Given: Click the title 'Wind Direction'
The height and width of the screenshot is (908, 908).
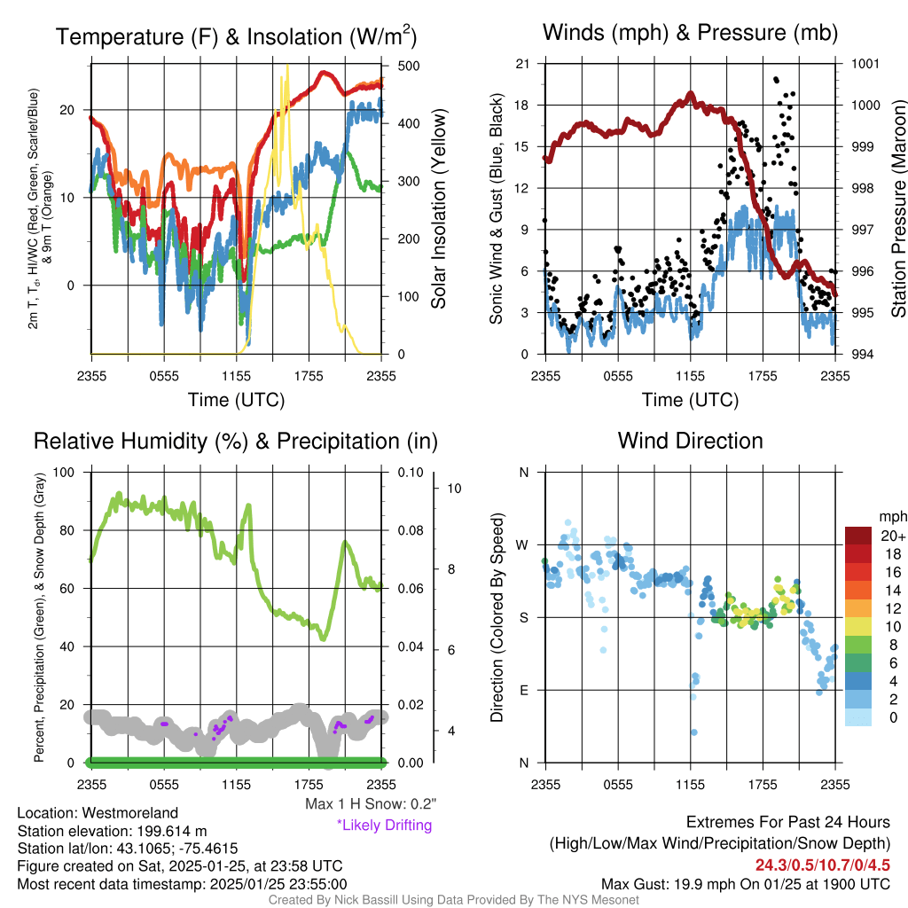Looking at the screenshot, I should click(690, 441).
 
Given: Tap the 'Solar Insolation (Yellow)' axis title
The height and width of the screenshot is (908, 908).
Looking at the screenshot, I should click(438, 209).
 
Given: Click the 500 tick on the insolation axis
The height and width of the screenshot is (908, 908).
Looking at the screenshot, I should click(409, 66).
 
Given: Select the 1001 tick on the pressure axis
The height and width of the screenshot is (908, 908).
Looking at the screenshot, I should click(864, 64).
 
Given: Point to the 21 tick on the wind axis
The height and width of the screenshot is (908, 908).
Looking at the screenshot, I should click(523, 64).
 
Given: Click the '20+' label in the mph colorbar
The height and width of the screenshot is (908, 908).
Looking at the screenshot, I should click(889, 536).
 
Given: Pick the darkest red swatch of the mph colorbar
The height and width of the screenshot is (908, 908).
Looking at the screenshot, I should click(860, 536).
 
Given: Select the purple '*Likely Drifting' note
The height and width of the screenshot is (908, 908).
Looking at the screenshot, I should click(384, 825).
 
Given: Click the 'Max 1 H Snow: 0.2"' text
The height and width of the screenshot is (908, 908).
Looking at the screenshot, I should click(370, 804).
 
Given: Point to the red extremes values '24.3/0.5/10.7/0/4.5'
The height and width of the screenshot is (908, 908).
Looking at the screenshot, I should click(822, 865).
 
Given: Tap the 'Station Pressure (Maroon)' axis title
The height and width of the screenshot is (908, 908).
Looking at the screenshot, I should click(898, 209).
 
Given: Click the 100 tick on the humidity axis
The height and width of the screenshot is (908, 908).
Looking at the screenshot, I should click(67, 473).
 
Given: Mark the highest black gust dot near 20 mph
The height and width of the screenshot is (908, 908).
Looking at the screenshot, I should click(777, 80).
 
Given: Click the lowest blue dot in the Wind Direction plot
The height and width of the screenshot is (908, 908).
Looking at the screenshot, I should click(693, 732).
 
